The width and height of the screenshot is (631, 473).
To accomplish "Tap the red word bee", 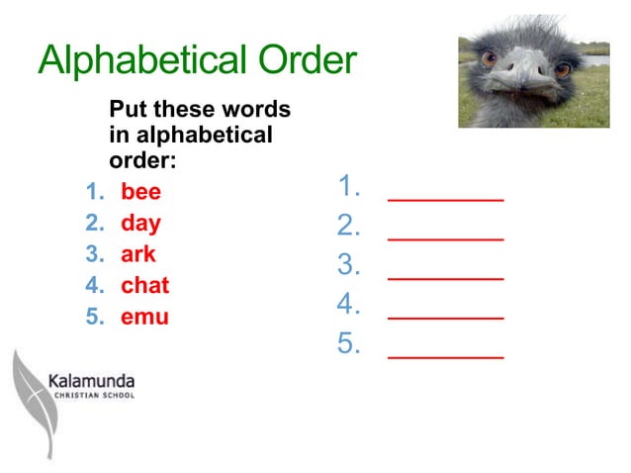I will pyautogui.click(x=140, y=191).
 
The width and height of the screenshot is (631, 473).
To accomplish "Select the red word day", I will pyautogui.click(x=140, y=223).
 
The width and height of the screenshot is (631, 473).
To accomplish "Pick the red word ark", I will pyautogui.click(x=138, y=254).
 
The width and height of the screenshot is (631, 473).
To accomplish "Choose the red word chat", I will pyautogui.click(x=145, y=286).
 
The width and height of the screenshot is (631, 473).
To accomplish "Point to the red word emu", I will pyautogui.click(x=144, y=318).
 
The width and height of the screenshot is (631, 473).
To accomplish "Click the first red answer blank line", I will pyautogui.click(x=445, y=199).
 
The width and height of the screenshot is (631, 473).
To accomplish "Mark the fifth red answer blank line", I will pyautogui.click(x=445, y=355).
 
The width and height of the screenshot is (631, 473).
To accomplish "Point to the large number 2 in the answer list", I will pyautogui.click(x=348, y=227).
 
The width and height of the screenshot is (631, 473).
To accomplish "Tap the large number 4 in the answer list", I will pyautogui.click(x=348, y=304).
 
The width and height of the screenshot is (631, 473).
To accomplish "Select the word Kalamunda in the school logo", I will pyautogui.click(x=91, y=380).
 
